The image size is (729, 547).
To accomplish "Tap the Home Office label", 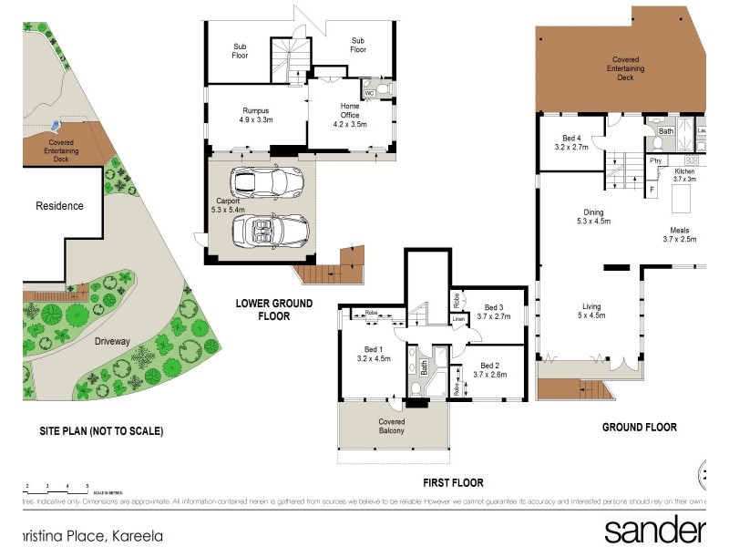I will [350, 115].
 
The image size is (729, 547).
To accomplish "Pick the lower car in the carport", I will [271, 231].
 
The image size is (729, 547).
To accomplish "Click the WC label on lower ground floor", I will [370, 93].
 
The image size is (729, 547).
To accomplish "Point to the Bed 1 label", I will [374, 354].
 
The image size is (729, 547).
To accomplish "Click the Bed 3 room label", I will [494, 311].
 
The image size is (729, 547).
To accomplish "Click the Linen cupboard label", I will [459, 319].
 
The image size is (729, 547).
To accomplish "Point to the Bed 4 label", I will [573, 141].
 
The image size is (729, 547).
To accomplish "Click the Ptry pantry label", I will [655, 160].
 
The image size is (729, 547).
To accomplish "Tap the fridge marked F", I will [652, 189].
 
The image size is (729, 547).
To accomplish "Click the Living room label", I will [591, 311].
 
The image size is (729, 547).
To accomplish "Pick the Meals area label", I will [679, 235].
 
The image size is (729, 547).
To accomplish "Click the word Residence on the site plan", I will [59, 206].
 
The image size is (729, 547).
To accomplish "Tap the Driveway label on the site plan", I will [112, 341].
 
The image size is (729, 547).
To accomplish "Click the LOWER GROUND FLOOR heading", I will [273, 310].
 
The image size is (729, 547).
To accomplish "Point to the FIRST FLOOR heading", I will [453, 483].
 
